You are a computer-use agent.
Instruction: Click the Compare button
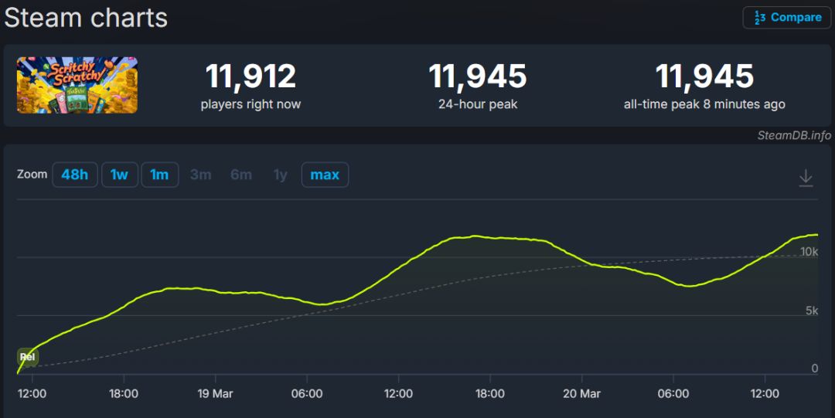(788, 18)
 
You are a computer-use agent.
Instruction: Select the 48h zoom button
(74, 175)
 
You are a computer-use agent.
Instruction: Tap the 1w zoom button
(119, 175)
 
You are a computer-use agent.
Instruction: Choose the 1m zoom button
(159, 175)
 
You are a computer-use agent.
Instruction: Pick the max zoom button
(325, 175)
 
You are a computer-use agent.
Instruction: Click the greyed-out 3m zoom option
(200, 175)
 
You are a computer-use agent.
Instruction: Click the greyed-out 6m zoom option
(241, 175)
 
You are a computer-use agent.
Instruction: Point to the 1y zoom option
(280, 175)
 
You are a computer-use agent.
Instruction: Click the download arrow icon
(806, 178)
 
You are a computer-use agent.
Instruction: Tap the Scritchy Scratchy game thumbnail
(77, 85)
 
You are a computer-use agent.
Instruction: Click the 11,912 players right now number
(250, 76)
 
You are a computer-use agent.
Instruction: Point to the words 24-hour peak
(478, 104)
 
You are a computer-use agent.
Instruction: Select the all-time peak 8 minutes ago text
(704, 104)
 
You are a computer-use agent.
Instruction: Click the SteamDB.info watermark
(794, 135)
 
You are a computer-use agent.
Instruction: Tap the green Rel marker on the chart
(28, 357)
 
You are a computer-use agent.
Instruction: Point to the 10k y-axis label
(809, 252)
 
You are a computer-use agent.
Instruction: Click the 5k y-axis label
(811, 311)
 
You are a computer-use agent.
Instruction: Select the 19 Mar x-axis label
(215, 394)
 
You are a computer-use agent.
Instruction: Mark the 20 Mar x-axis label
(581, 394)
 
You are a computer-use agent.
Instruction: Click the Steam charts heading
(86, 17)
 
